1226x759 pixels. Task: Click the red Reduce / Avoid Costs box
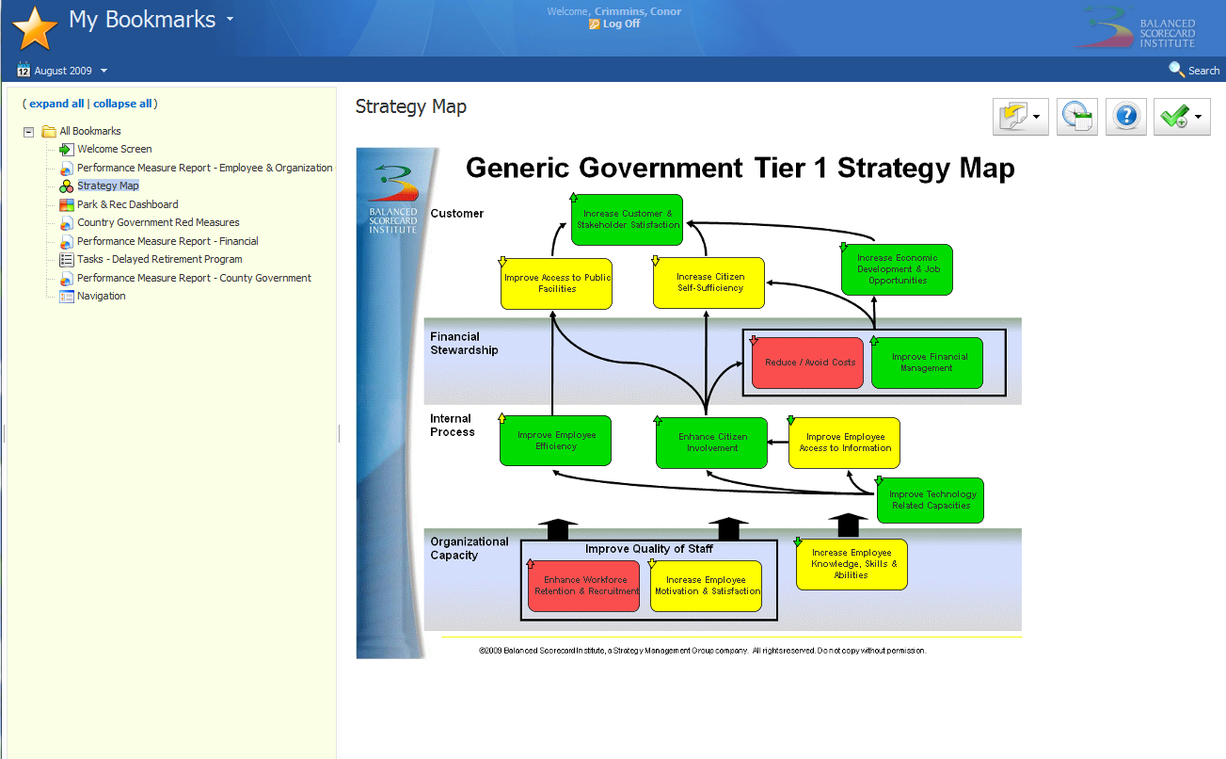coord(807,363)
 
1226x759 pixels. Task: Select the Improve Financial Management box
coord(927,363)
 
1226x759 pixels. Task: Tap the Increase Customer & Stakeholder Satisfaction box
coord(627,219)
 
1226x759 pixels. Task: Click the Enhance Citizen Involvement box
coord(711,443)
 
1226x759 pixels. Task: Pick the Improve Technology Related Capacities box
coord(931,500)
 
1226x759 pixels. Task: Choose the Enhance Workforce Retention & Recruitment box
coord(583,586)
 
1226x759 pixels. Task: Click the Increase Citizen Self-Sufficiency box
coord(709,283)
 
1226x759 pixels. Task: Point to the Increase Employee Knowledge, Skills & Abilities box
coord(852,564)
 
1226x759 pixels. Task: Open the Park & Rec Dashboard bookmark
coord(128,204)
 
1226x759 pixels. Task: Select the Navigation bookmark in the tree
coord(102,296)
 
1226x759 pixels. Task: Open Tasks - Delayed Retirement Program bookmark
coord(159,259)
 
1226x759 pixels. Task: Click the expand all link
coord(56,104)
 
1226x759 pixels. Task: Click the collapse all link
coord(122,104)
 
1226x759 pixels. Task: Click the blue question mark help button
coord(1126,116)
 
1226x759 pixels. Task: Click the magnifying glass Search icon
coord(1175,70)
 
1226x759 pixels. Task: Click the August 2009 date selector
coord(62,71)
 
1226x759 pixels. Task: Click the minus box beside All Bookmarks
coord(28,132)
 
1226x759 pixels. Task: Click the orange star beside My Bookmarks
coord(35,28)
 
